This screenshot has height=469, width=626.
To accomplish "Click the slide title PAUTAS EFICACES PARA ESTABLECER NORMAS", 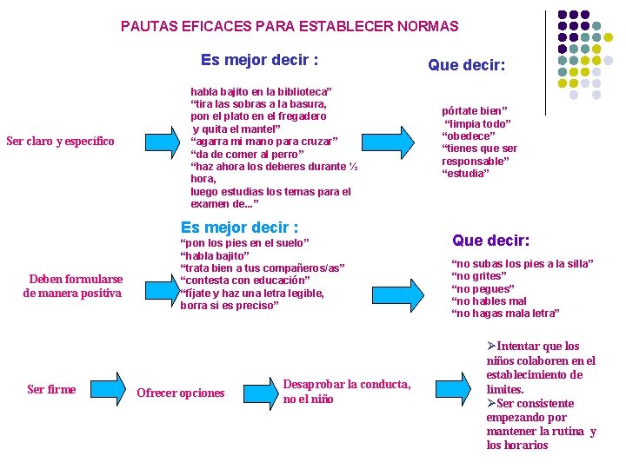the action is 290,27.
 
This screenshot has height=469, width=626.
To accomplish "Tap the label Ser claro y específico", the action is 60,141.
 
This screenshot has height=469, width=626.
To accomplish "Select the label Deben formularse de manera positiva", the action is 76,286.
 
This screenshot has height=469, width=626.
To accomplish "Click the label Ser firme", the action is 51,389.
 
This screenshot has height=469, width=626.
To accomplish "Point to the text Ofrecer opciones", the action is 181,393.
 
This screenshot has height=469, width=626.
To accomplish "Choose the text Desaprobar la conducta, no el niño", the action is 346,392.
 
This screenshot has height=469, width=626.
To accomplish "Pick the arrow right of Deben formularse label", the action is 160,286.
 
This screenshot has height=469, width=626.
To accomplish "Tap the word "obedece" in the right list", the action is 470,136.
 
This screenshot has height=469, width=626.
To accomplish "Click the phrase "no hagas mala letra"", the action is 506,313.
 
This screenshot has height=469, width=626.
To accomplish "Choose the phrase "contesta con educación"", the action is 244,281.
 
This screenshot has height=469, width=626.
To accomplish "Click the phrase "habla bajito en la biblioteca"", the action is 261,90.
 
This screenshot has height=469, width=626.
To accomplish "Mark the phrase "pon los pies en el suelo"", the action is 244,243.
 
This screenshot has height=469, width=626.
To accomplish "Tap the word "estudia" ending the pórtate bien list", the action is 466,174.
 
